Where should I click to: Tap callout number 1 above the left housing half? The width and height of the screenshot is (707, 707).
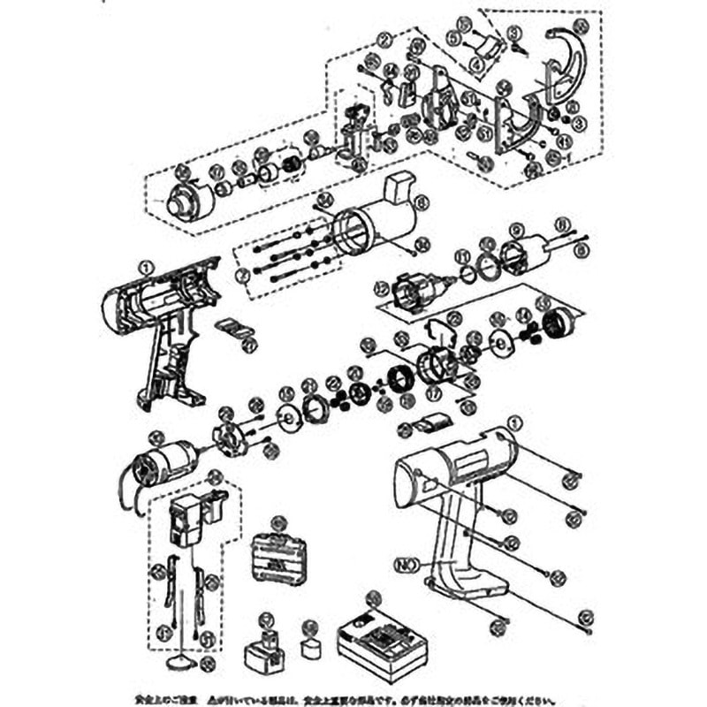click(x=146, y=263)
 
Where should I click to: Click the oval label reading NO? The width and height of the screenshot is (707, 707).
click(x=406, y=562)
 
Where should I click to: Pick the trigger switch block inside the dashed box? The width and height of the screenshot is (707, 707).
click(x=189, y=521)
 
